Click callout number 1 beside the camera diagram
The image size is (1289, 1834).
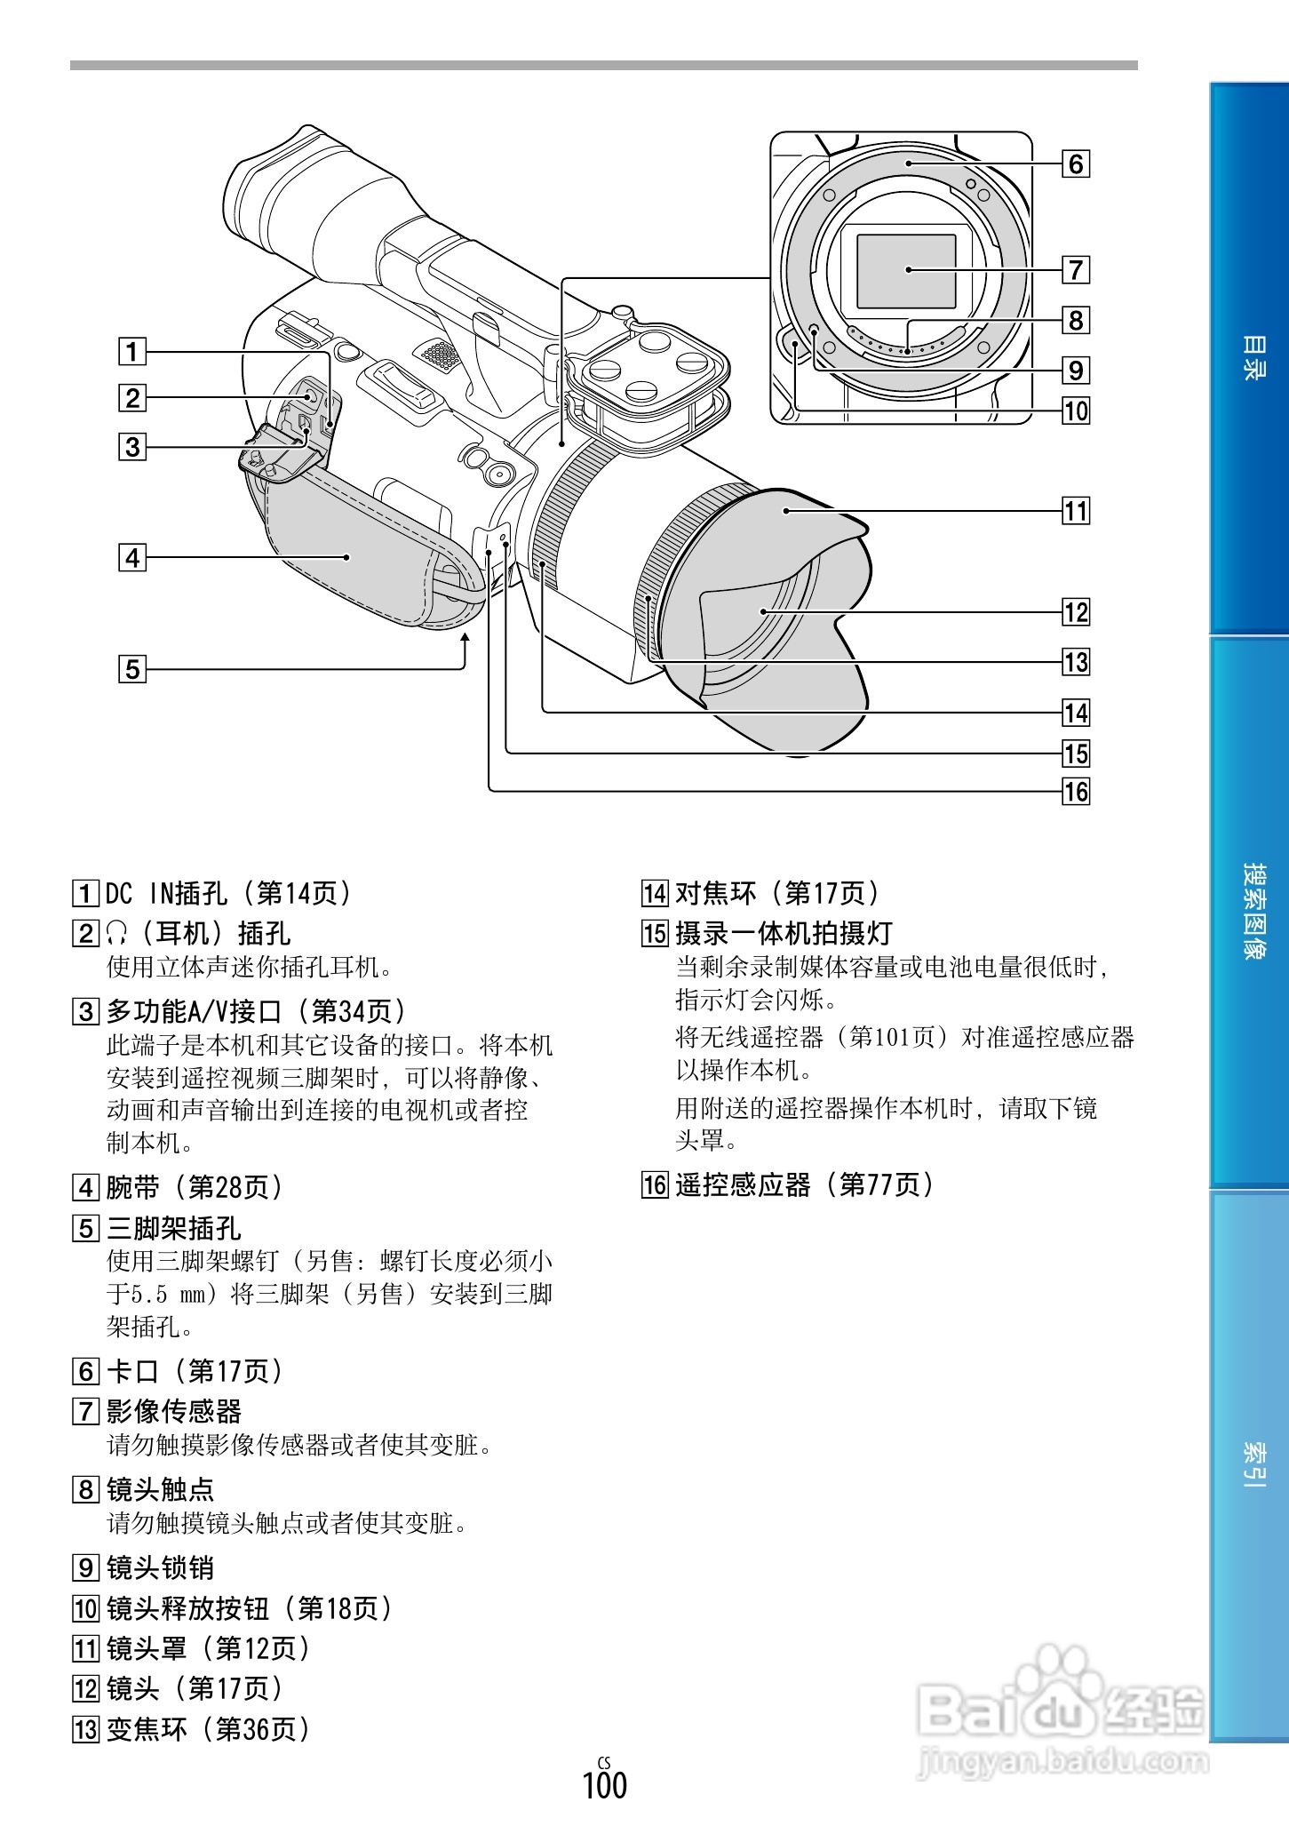pos(132,351)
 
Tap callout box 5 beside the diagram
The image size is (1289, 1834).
pos(132,668)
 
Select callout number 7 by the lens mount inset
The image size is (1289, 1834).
pos(1076,269)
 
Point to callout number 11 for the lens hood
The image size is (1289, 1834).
pos(1076,511)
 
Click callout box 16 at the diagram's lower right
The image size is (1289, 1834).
pos(1076,791)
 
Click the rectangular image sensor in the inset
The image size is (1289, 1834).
pos(906,271)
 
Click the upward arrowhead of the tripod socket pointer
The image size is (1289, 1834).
pos(464,639)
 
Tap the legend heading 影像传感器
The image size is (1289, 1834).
pos(174,1411)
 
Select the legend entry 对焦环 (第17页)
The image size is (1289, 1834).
pos(776,893)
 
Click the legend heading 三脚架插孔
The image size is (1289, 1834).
pos(174,1228)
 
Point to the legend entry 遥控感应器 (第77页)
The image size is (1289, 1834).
pos(804,1184)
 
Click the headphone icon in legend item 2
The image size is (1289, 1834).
pos(116,933)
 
